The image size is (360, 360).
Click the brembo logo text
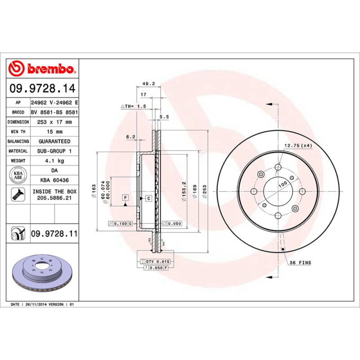(x=50, y=68)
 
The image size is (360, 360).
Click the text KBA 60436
(x=54, y=180)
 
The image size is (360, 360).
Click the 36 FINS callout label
(x=300, y=262)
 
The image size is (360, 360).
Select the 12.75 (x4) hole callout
(x=298, y=145)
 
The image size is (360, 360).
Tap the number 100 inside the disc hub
(x=283, y=184)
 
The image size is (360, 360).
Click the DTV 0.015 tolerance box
(x=155, y=261)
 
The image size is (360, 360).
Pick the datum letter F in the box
(x=125, y=198)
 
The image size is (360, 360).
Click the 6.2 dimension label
(x=130, y=136)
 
